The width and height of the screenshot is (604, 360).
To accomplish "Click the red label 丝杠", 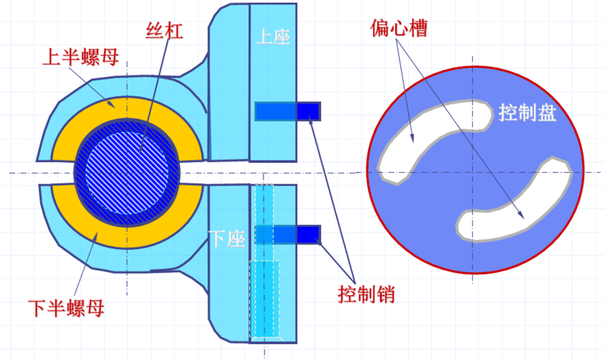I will [x=164, y=32].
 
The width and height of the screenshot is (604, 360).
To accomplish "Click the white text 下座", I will [x=227, y=238].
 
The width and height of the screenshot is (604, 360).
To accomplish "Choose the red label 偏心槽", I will [x=398, y=29].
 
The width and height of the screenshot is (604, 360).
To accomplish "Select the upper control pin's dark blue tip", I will [x=308, y=111].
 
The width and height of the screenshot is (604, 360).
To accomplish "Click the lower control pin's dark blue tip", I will [x=308, y=234].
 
